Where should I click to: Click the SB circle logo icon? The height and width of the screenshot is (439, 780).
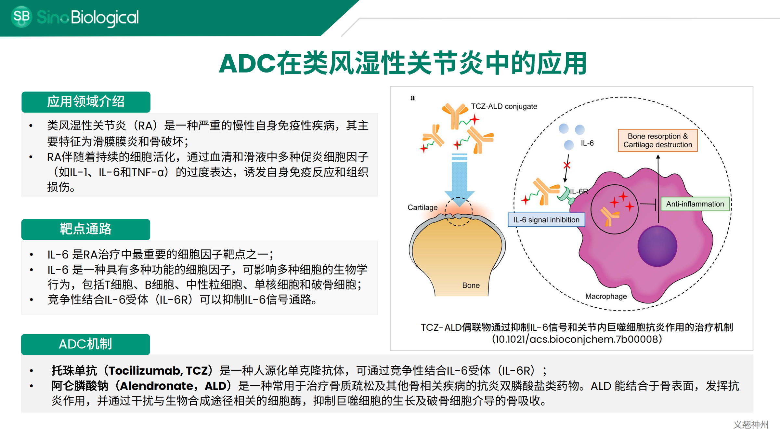21,17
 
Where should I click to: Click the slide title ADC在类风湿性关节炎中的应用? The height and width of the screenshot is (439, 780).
403,63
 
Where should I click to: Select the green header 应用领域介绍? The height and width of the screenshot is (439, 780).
86,102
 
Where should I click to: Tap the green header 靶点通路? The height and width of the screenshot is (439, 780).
86,229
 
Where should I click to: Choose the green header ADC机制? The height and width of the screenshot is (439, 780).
85,344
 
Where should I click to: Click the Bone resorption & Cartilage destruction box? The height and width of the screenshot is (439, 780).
658,140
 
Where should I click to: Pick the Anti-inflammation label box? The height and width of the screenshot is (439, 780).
695,204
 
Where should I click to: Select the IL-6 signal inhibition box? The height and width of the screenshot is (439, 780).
546,220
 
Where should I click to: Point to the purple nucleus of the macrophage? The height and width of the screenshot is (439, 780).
657,246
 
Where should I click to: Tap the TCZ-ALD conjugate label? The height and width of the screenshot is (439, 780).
504,106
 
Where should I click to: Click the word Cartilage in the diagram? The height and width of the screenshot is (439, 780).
422,207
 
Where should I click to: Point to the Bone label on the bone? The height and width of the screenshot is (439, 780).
471,285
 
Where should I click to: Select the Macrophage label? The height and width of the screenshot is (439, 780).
606,296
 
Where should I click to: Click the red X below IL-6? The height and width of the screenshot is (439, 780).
567,165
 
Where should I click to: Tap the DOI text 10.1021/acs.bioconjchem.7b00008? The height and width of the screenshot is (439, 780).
577,339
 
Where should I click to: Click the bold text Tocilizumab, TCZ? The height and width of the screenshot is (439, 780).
158,370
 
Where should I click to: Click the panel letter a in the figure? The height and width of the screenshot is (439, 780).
412,98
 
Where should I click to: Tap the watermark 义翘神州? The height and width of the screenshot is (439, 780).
751,425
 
